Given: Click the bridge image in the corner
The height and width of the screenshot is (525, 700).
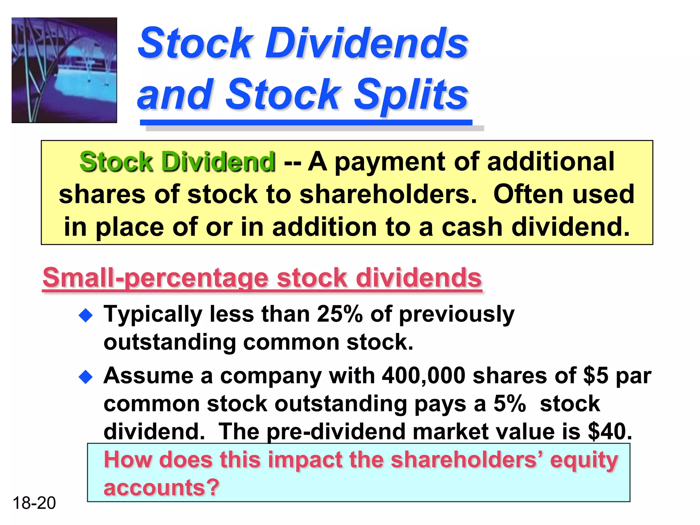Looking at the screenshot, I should pos(64,70).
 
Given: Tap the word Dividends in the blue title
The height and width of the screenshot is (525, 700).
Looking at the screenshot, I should pos(366,43).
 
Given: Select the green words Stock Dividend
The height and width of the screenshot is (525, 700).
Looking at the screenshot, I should pos(177,162).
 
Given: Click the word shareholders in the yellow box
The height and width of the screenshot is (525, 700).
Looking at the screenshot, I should pos(388,194).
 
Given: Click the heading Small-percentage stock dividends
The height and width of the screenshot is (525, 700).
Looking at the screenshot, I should pos(262,278).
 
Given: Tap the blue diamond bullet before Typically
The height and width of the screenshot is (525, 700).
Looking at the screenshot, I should pos(85,315).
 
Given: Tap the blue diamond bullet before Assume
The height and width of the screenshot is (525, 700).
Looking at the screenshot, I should pos(85,377).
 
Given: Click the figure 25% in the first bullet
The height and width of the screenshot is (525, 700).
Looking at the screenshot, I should pos(339,314).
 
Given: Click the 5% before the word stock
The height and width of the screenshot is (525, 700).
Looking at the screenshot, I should pos(509,404).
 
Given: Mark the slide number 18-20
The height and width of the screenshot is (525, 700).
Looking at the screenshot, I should pos(34,503).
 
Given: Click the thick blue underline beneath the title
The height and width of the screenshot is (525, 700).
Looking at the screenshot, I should pos(306,122).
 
